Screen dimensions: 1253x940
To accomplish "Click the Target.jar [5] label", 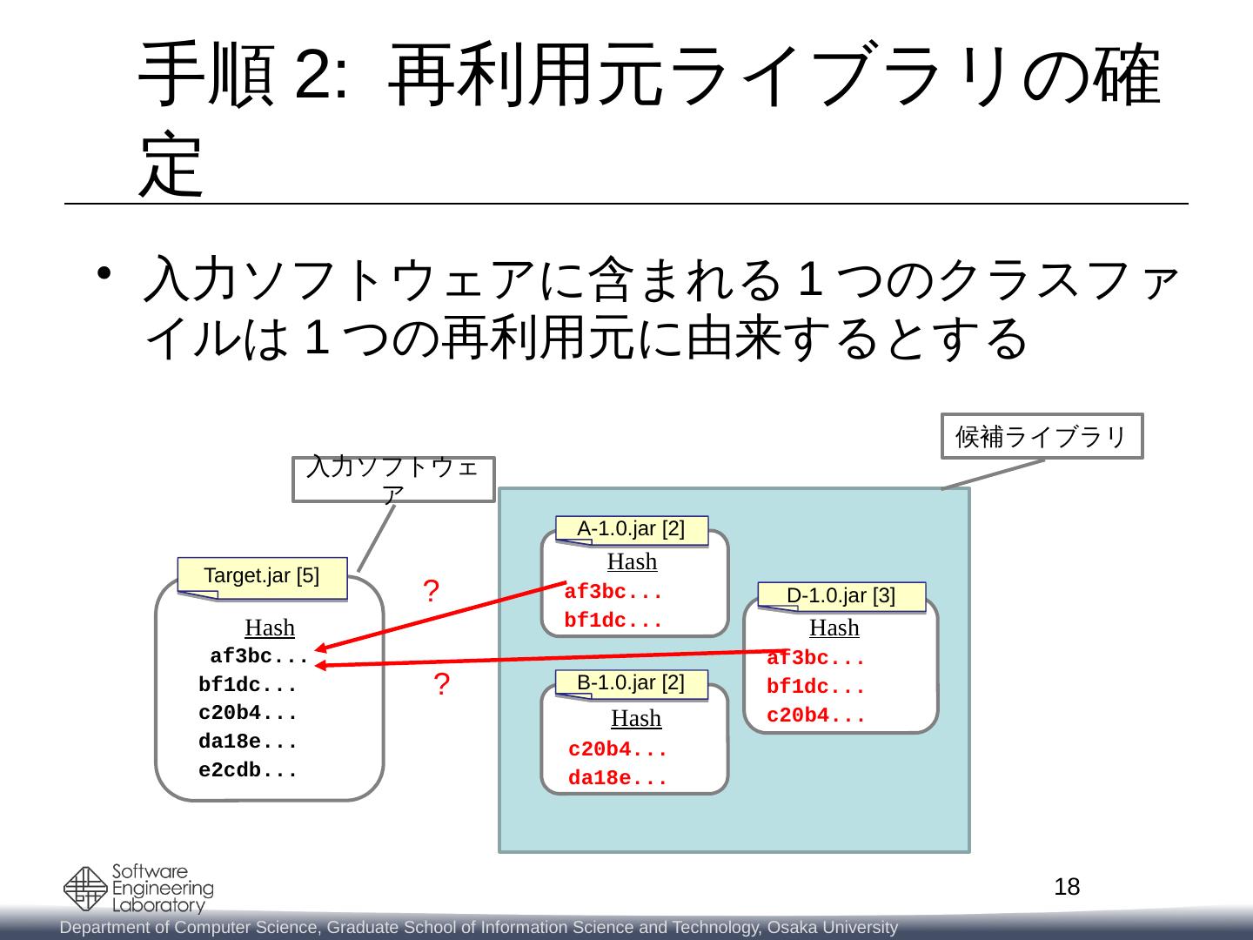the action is (261, 575).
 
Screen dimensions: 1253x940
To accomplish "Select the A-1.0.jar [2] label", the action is (631, 529).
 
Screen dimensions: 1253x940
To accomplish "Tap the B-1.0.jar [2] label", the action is (631, 682).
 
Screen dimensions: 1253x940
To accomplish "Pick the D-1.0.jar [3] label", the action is (841, 595).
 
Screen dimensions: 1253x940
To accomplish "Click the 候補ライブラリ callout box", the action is (1042, 436).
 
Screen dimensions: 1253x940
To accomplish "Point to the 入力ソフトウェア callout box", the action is (394, 479).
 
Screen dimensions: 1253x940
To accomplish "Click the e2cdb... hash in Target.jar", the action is (248, 770).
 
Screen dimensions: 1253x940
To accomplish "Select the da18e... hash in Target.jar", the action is (248, 742).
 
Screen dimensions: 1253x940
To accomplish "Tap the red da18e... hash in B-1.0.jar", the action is (618, 779).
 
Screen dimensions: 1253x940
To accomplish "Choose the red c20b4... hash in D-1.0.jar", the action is (815, 716).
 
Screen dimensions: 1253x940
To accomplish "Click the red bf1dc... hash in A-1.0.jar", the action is (613, 621).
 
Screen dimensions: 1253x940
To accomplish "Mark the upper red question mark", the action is (430, 592).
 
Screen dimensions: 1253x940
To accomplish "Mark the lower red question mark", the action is (441, 685).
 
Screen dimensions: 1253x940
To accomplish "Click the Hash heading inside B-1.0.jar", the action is (636, 718).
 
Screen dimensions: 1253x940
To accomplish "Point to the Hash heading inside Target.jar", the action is (270, 628).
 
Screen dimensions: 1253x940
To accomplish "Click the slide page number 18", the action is (1067, 887).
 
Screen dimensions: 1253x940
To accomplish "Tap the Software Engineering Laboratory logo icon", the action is (86, 889).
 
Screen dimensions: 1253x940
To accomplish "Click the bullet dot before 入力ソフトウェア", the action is (104, 273).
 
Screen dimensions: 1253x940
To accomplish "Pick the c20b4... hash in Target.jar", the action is (248, 713).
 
